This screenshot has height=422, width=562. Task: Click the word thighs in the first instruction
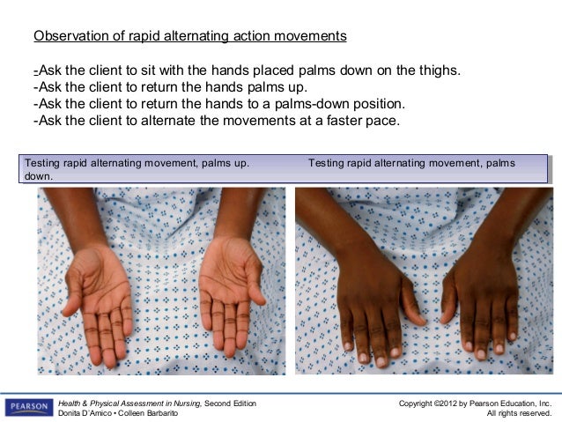437,70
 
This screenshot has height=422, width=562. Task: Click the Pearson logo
28,407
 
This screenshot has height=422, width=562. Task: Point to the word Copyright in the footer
419,403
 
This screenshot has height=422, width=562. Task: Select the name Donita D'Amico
90,413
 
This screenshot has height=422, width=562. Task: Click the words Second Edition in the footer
233,403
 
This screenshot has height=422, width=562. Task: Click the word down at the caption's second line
38,176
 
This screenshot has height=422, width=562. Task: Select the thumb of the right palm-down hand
447,298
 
